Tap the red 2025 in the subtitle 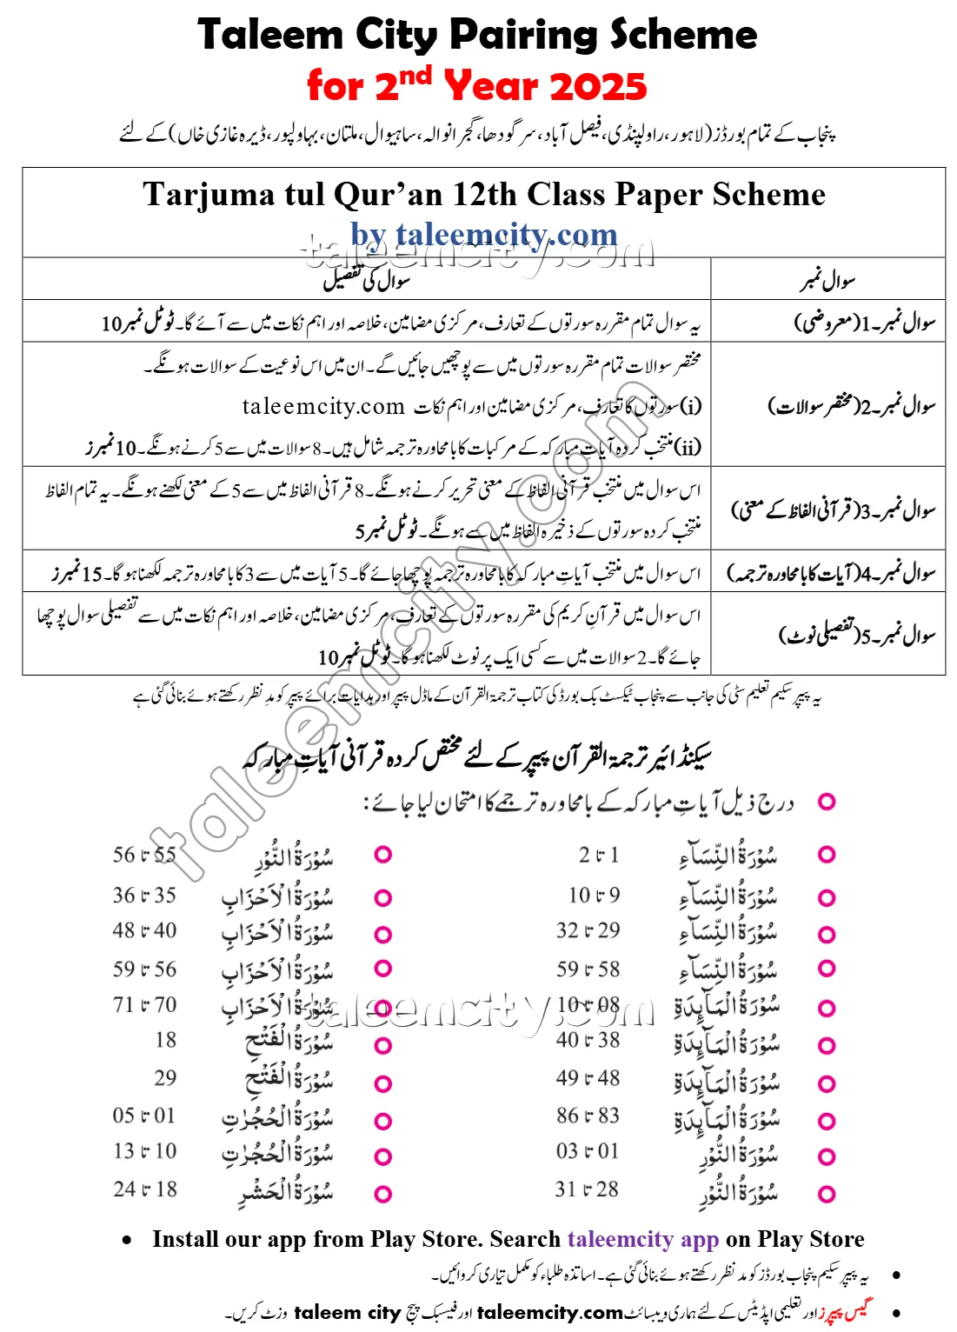point(598,87)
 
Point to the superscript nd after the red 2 point(415,77)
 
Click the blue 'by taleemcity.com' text point(483,234)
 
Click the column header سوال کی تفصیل point(367,280)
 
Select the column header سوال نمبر point(827,280)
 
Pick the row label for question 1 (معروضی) point(864,323)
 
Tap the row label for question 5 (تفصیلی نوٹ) point(856,635)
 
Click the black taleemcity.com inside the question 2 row point(323,406)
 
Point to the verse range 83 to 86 point(588,1116)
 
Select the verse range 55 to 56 point(144,855)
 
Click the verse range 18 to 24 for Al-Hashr point(144,1189)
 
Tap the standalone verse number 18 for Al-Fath point(165,1040)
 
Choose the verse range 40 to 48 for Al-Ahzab point(144,930)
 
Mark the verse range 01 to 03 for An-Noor point(588,1151)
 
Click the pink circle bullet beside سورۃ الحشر point(382,1194)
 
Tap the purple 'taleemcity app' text point(642,1239)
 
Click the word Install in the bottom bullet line point(185,1239)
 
